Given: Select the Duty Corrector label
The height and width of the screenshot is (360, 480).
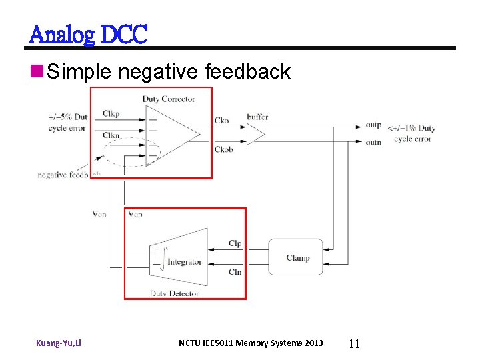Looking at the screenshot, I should (169, 99).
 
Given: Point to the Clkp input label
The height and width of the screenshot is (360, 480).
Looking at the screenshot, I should (111, 114).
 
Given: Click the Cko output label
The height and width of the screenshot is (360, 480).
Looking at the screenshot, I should (222, 121).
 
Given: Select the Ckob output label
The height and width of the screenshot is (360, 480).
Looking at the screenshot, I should (224, 149).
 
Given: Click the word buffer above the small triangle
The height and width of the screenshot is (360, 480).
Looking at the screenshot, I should (257, 117).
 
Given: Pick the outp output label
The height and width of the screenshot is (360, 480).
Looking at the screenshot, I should (374, 125).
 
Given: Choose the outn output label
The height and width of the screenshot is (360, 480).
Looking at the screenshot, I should (374, 141).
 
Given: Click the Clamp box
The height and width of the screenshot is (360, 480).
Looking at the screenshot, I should (297, 257).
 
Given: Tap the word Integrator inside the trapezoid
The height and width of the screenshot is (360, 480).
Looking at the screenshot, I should (184, 262).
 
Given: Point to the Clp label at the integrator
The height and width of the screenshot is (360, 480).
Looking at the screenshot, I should (235, 244).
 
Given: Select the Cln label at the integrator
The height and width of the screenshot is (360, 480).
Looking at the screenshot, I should (235, 272).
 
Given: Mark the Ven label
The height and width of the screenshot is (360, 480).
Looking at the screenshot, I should (99, 215).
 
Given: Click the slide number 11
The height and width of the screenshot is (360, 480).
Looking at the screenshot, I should (354, 344).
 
